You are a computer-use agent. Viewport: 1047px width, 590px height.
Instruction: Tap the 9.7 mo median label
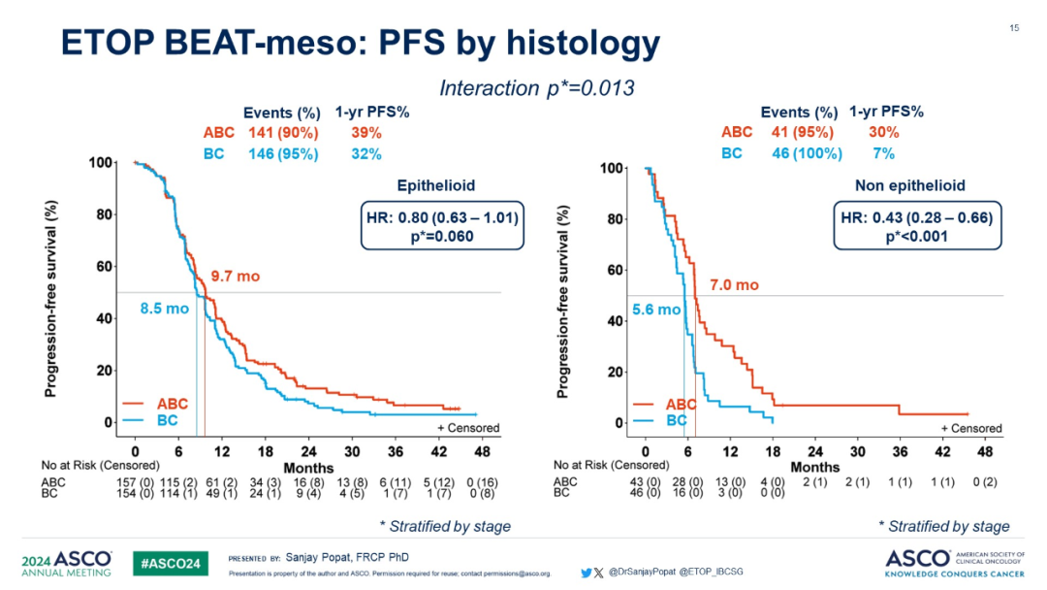pos(235,277)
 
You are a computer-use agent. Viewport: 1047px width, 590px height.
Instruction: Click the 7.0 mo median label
pos(734,285)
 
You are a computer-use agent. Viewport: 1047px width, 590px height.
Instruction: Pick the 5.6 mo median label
pos(656,311)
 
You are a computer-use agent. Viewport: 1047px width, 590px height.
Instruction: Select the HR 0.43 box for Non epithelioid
pos(914,226)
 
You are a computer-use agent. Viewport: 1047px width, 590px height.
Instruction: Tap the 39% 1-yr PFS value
pos(365,133)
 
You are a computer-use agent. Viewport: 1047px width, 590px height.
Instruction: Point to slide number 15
pos(1014,27)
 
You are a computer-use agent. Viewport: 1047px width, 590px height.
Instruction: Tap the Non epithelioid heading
pos(910,186)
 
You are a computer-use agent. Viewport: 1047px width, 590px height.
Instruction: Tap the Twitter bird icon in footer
pos(586,573)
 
